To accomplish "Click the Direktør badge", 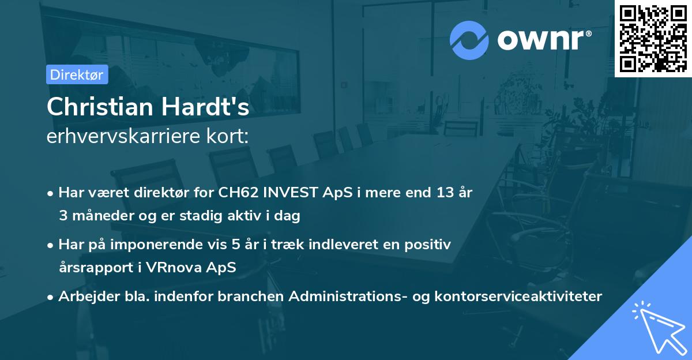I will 77,74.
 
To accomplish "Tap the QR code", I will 652,38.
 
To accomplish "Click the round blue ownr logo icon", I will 469,40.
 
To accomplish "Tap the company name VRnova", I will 190,268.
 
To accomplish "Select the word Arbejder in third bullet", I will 84,297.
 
